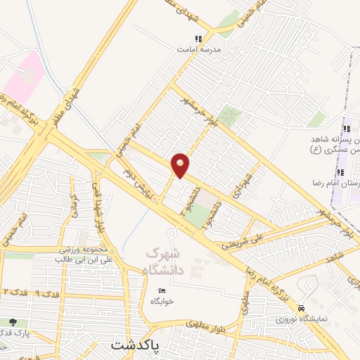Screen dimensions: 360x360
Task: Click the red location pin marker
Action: pos(181,165)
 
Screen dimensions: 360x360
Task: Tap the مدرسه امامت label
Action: pos(198,51)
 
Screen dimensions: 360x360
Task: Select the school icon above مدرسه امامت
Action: pos(198,39)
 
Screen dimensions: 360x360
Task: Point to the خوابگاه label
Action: pos(162,301)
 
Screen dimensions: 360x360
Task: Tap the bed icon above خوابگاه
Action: pos(162,290)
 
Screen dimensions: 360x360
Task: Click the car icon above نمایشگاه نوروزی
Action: pos(301,309)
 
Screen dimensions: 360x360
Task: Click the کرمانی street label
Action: pos(77,208)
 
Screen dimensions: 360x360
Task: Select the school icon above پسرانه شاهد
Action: pos(345,129)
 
